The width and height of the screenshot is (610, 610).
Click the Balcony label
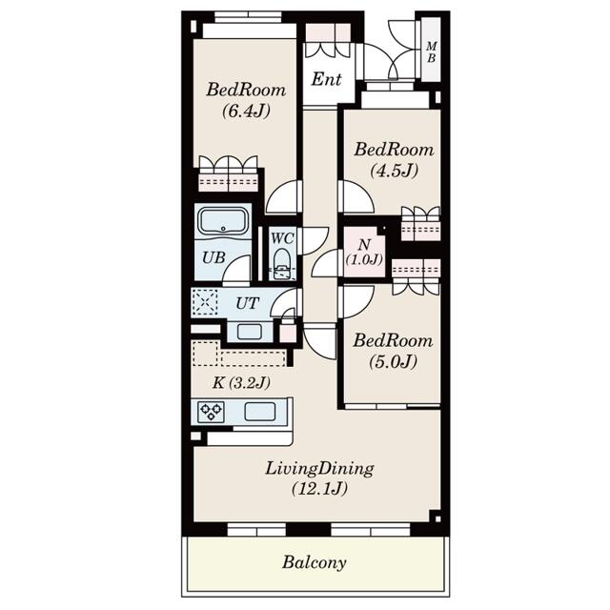pos(314,562)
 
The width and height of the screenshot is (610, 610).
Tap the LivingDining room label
pos(319,478)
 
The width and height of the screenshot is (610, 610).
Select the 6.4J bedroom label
pos(246,100)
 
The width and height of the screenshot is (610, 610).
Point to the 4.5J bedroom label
pos(394,159)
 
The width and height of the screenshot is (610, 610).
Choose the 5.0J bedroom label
pos(393,351)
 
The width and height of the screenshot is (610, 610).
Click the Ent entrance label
pos(326,79)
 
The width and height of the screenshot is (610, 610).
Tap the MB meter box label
pos(431,52)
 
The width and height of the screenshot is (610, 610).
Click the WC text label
pos(282,238)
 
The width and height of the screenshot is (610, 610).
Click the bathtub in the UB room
pos(223,221)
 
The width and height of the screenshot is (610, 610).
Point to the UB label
pos(213,257)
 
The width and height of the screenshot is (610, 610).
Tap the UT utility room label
pos(247,303)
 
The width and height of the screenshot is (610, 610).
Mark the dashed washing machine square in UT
pos(206,302)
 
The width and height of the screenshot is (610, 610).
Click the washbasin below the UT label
pos(250,332)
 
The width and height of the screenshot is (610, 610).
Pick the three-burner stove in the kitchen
pos(211,412)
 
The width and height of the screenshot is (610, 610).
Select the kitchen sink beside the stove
pos(260,412)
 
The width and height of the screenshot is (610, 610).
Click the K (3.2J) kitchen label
pos(241,383)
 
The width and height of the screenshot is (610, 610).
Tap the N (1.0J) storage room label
pos(364,252)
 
